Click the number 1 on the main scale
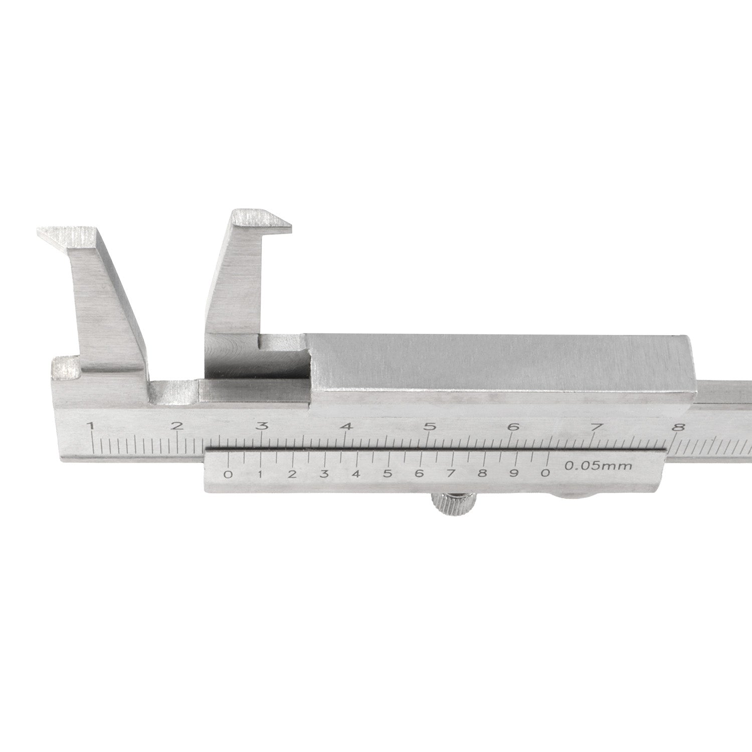coord(91,427)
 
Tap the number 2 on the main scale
coord(176,427)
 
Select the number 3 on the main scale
coord(262,427)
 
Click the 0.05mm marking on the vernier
coord(598,466)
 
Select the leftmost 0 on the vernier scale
coord(228,474)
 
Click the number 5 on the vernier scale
coord(387,474)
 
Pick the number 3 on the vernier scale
coord(324,474)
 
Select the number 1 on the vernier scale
coord(260,474)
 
